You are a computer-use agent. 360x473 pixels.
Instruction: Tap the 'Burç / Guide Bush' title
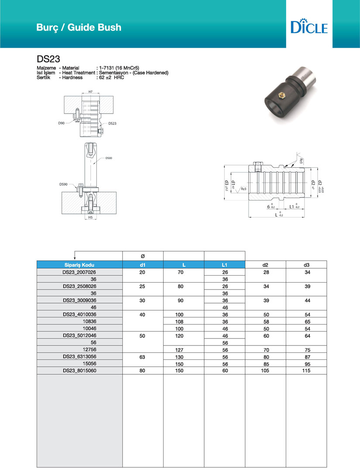(79, 28)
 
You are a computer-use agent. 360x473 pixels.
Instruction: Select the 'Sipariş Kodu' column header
(79, 265)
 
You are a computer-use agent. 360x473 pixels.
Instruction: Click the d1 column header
(143, 265)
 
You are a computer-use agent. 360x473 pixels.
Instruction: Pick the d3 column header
(306, 265)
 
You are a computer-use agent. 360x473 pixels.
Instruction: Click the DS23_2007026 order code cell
(79, 272)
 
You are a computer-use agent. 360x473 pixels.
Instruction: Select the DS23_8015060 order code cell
(79, 370)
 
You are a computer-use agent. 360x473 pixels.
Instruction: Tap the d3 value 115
(306, 370)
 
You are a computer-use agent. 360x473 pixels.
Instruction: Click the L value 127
(183, 349)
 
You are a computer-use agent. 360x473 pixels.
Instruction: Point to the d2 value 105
(265, 370)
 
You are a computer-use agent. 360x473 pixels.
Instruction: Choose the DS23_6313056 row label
(79, 356)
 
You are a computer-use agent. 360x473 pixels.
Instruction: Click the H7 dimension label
(90, 92)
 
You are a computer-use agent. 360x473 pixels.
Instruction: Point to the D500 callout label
(109, 157)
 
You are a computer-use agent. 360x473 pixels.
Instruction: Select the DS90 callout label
(64, 184)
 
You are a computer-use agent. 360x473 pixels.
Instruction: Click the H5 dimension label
(90, 217)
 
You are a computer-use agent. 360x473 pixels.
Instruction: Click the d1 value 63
(143, 356)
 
